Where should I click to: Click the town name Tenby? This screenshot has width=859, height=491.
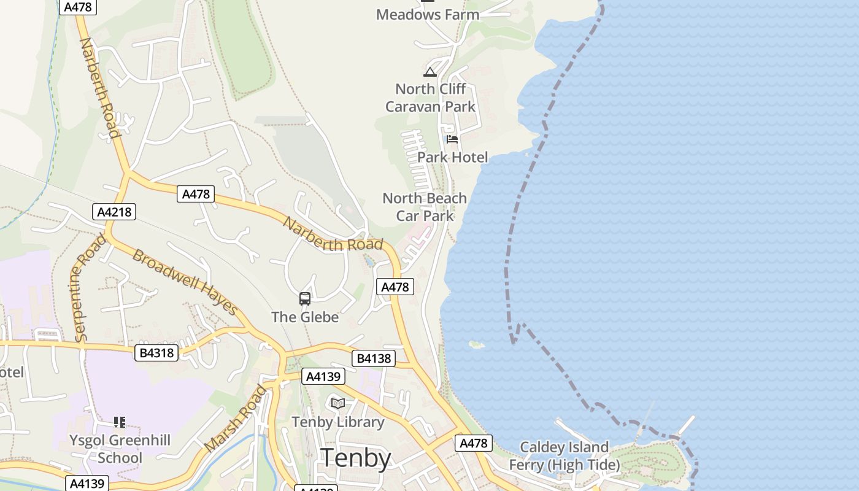coord(356,458)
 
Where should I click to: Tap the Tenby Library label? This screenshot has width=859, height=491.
coord(337,422)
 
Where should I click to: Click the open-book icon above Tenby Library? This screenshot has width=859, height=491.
coord(337,403)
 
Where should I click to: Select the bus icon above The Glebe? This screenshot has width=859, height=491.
coord(305,299)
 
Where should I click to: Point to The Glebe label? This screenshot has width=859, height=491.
coord(305,317)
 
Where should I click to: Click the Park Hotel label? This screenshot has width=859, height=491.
coord(453,158)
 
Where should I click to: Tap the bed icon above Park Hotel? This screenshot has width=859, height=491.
coord(452,139)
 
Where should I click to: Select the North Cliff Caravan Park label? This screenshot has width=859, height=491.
coord(430,98)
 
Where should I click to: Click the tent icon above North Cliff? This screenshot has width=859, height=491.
coord(430,72)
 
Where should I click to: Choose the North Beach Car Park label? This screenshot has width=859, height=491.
coord(425,207)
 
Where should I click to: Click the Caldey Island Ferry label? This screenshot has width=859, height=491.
coord(564,456)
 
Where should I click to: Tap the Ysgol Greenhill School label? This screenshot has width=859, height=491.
coord(120,449)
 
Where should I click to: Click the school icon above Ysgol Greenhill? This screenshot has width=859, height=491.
coord(120,422)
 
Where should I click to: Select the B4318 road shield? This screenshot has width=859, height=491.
coord(156,353)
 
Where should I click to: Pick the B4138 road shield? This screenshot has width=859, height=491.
coord(373,358)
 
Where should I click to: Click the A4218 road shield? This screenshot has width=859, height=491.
coord(114,212)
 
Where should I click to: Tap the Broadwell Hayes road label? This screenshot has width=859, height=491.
coord(185,282)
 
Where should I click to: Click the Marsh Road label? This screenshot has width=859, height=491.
coord(236,419)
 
